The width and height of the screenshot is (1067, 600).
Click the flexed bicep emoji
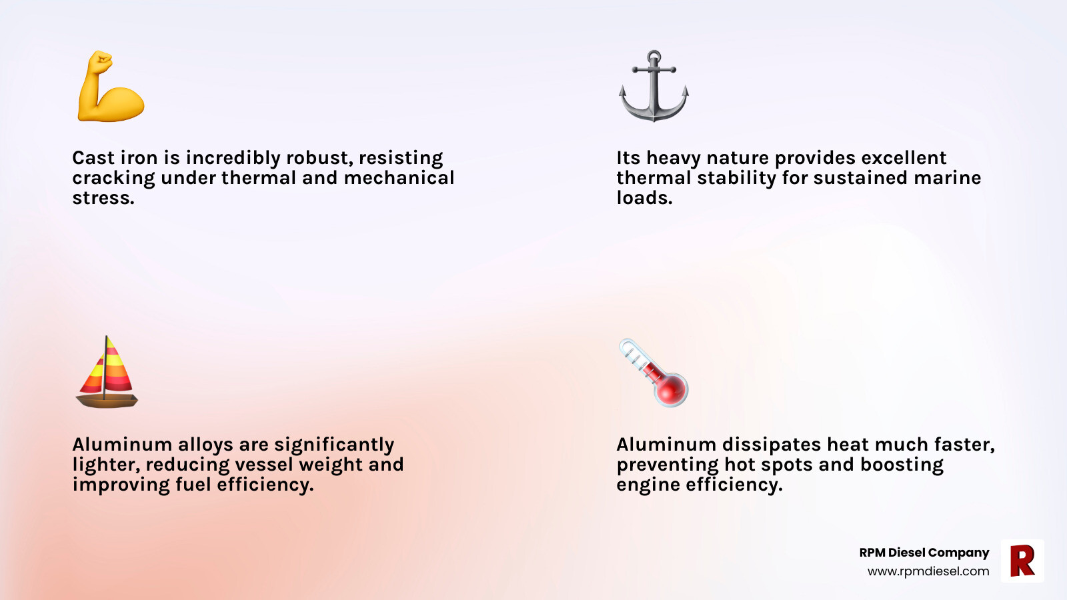point(111,86)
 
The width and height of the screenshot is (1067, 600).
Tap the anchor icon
point(654,87)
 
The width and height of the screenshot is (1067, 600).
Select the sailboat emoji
point(107,372)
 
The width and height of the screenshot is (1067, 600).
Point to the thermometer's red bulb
point(671,389)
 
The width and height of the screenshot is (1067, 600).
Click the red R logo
point(1022,561)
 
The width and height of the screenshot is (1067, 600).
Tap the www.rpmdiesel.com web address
point(928,571)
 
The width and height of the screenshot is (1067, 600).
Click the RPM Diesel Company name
point(924,553)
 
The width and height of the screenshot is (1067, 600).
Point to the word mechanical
point(399,177)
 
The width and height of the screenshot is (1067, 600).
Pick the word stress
point(103,198)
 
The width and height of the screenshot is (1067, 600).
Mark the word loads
point(644,197)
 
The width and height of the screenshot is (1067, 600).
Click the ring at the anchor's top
point(654,56)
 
